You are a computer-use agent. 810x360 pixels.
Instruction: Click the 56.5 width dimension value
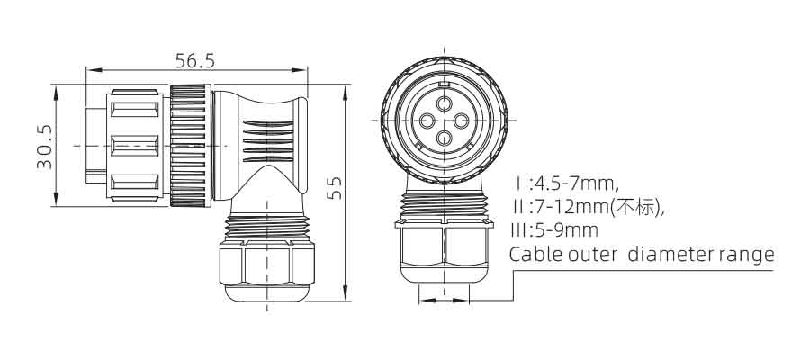coord(194,61)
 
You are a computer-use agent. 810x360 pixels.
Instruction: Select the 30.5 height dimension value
coord(45,146)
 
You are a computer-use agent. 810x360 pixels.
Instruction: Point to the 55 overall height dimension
coord(336,188)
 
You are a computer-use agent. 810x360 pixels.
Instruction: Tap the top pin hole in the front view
coord(444,103)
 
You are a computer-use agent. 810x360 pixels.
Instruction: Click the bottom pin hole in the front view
coord(444,138)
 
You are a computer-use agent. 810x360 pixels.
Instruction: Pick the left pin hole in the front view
coord(427,121)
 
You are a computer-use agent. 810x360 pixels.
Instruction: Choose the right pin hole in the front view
coord(461,121)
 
